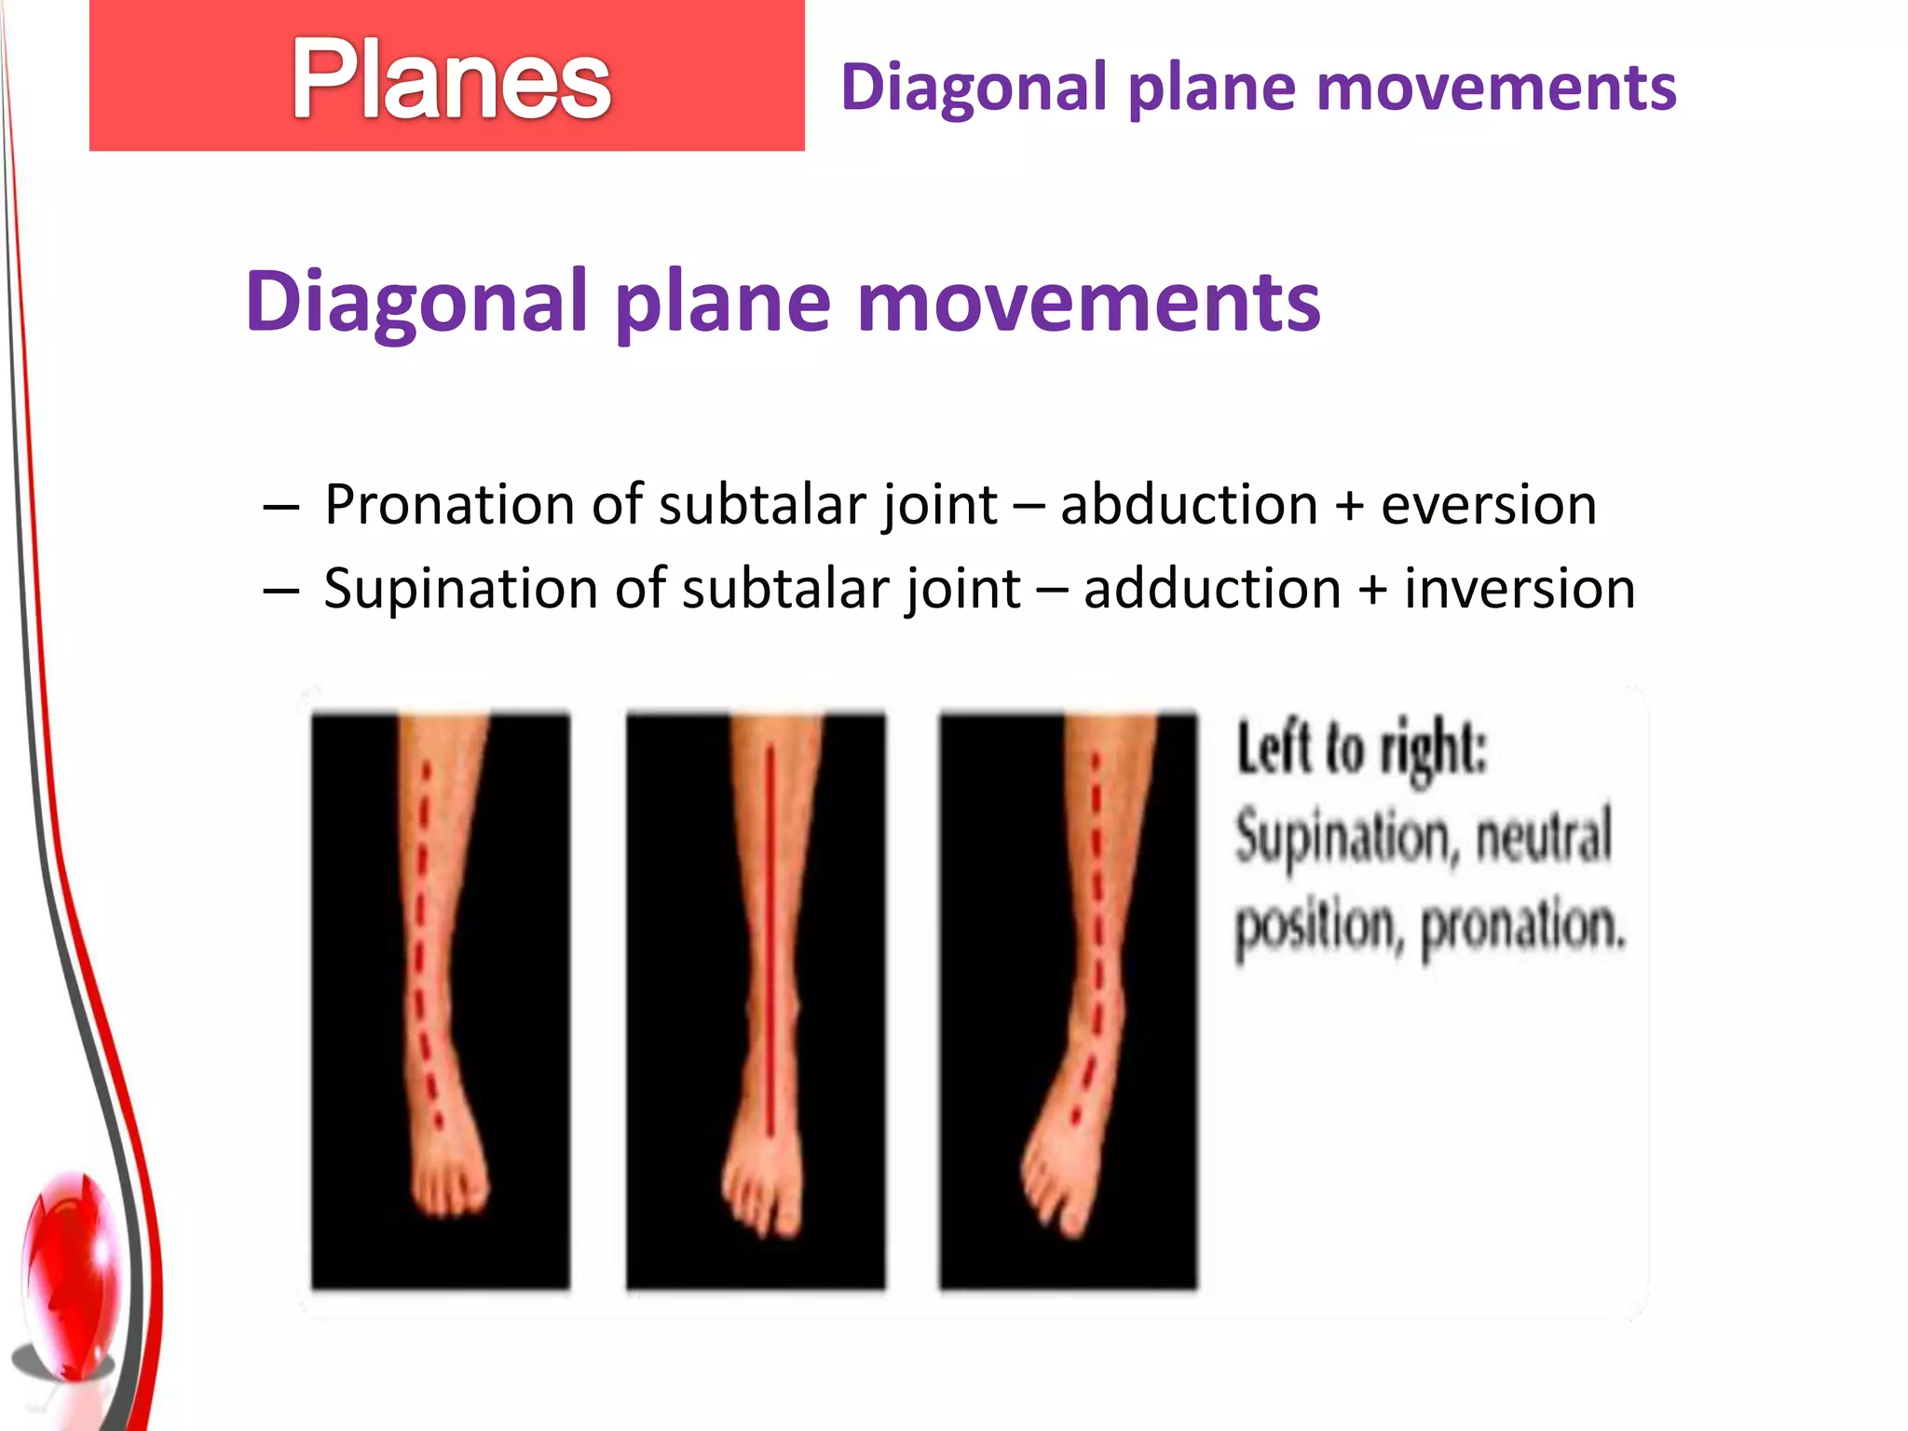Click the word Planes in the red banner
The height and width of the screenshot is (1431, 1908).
pos(451,80)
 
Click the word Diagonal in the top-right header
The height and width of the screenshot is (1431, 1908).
pos(974,89)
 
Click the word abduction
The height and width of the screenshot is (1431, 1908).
pos(1189,505)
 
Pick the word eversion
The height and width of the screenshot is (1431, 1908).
pos(1488,505)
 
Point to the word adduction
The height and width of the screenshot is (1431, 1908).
pos(1212,590)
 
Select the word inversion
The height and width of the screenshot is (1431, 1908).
pos(1519,590)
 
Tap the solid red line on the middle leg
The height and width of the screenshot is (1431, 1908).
pos(770,932)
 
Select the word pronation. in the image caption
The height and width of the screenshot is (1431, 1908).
pos(1522,927)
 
